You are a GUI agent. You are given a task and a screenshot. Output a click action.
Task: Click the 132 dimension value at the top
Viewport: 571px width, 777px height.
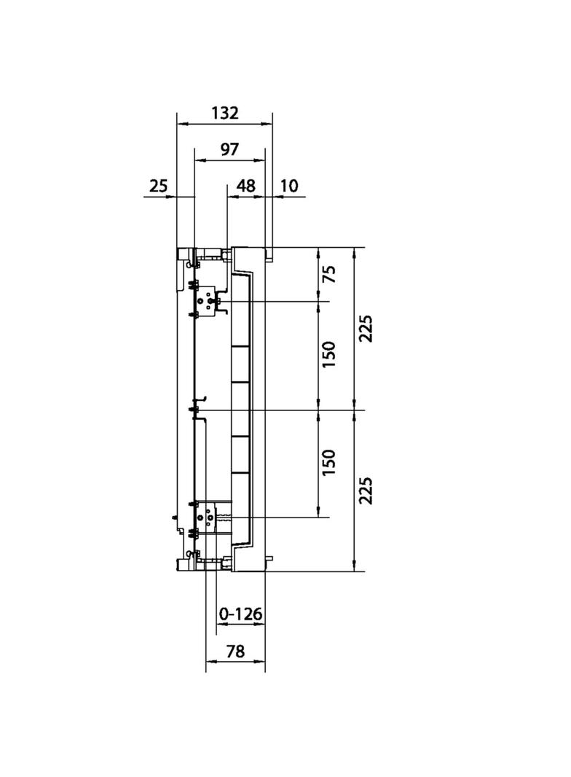point(225,113)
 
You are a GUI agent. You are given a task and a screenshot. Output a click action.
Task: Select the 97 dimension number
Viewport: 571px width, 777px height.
point(230,149)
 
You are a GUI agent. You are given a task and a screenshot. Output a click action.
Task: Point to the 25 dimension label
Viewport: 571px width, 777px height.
point(159,186)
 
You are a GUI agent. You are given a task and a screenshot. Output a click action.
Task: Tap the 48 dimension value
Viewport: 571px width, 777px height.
point(245,186)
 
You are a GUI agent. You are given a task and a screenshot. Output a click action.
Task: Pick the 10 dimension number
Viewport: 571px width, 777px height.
point(289,186)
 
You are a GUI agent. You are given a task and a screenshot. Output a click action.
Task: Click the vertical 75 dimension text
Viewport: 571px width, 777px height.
point(328,274)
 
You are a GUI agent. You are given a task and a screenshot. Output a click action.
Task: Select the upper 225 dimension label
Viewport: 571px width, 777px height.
point(366,328)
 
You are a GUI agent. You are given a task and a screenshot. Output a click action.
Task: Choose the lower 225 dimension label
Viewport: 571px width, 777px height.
point(366,491)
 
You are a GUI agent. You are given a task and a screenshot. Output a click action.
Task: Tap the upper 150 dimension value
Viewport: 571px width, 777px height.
point(328,354)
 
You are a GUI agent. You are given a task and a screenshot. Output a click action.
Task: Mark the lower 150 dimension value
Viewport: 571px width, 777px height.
point(328,462)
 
